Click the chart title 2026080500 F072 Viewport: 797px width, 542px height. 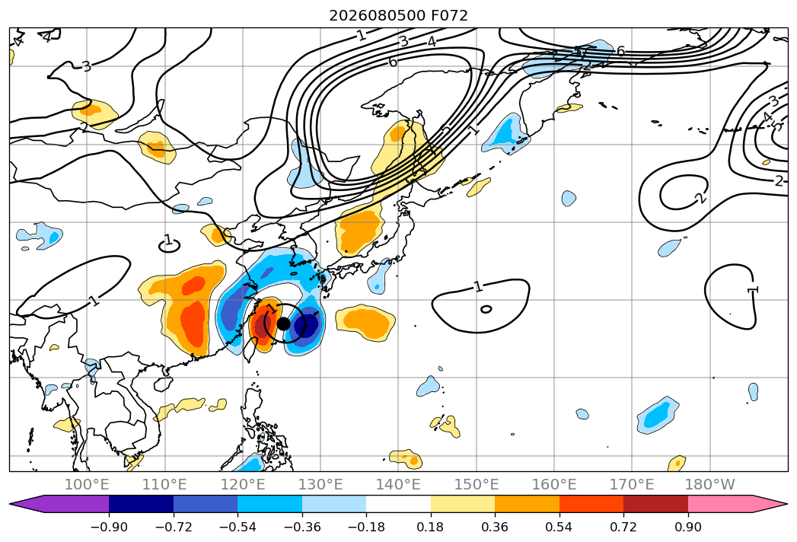point(399,16)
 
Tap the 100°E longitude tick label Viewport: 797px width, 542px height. point(87,484)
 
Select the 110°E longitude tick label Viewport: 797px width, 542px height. point(164,484)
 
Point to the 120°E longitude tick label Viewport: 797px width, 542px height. point(243,484)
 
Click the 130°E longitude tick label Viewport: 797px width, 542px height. point(320,484)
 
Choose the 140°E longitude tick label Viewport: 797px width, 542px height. point(398,484)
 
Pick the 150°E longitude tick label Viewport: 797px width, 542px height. point(477,484)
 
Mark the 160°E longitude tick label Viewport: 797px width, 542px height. point(554,484)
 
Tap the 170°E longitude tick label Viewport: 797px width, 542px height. point(632,484)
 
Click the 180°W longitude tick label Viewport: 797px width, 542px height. point(710,484)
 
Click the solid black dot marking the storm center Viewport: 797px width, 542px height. point(284,324)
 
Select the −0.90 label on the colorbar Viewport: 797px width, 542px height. point(109,527)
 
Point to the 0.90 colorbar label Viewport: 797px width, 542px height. point(687,527)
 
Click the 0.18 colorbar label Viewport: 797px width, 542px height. point(430,527)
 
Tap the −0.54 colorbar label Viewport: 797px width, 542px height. point(238,527)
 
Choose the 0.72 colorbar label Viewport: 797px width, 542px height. point(623,527)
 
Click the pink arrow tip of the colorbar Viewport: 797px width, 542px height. point(787,503)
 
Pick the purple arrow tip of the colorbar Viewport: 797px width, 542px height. point(11,503)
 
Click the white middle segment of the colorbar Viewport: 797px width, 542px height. point(399,503)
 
